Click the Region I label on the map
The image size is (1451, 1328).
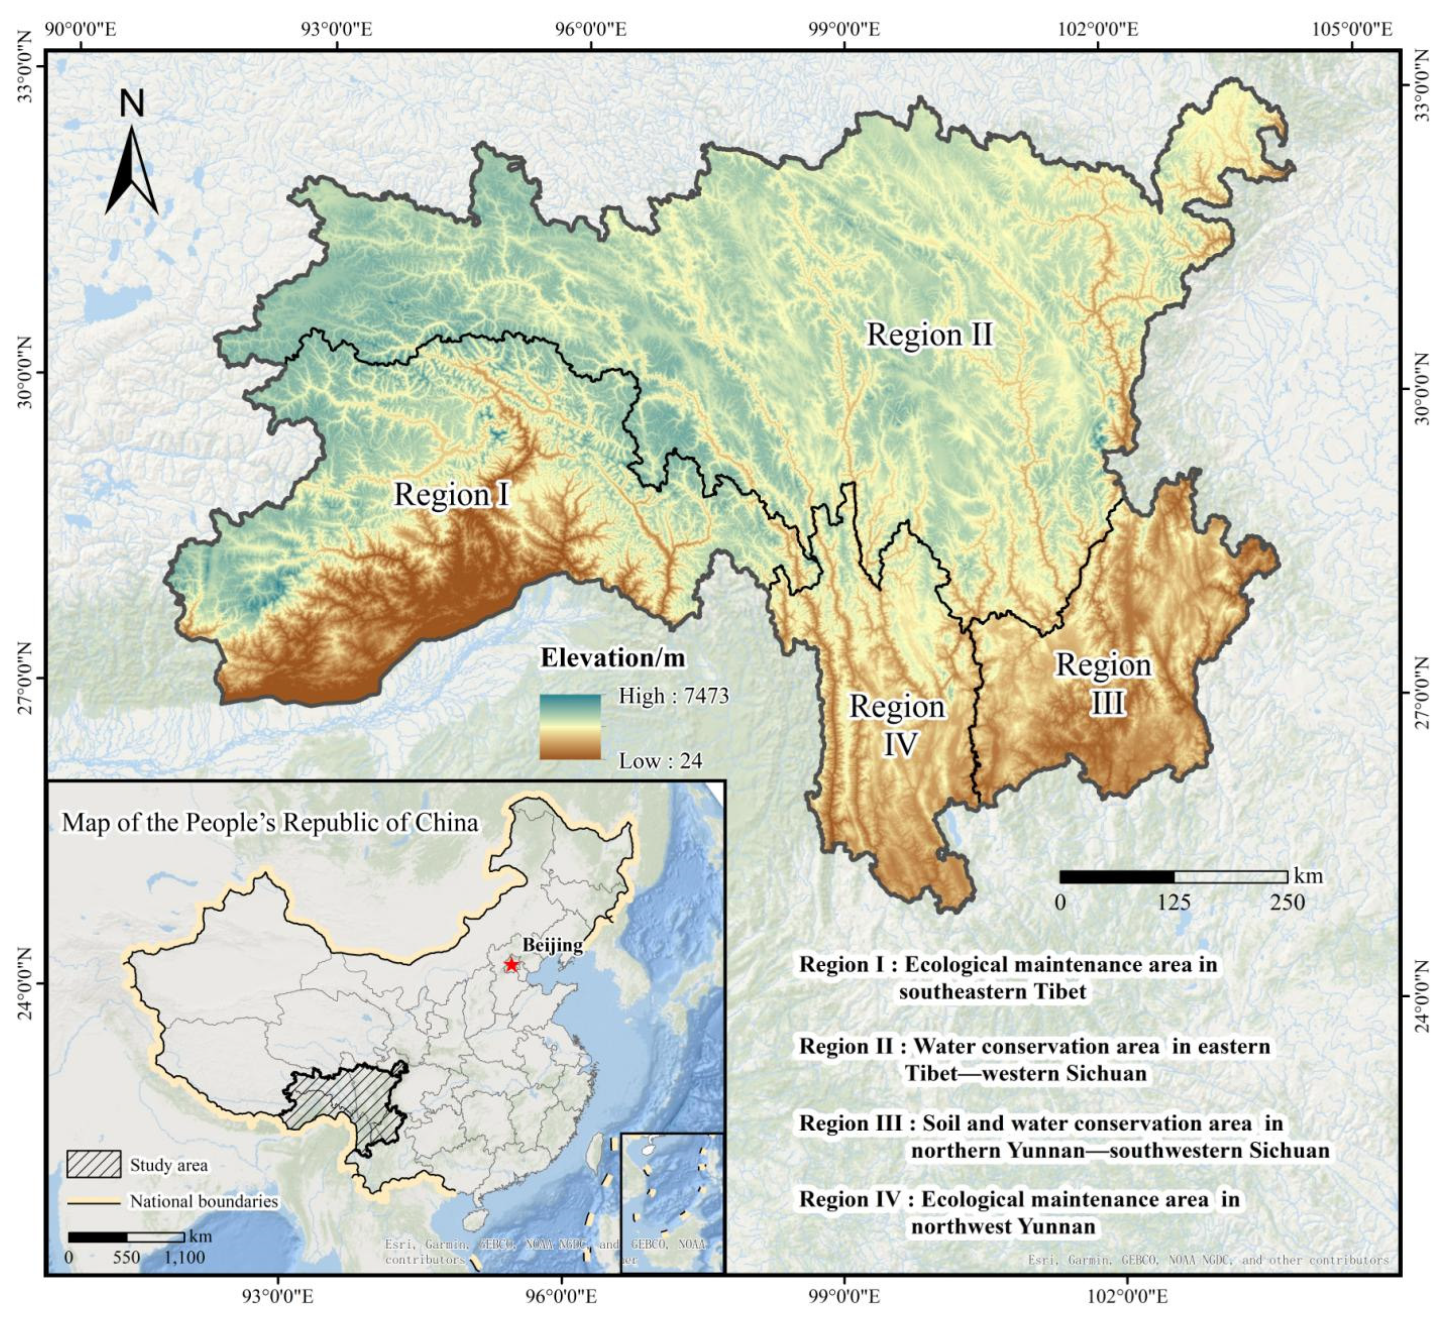pyautogui.click(x=452, y=495)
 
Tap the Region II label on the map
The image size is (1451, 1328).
pyautogui.click(x=929, y=335)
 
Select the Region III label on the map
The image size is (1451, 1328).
pyautogui.click(x=1104, y=683)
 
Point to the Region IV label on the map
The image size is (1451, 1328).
pyautogui.click(x=898, y=725)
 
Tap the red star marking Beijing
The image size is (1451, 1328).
pyautogui.click(x=511, y=964)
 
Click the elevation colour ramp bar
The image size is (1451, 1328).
pyautogui.click(x=570, y=727)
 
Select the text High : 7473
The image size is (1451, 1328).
pyautogui.click(x=674, y=696)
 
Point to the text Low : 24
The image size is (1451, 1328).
pyautogui.click(x=660, y=761)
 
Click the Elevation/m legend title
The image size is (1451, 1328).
pyautogui.click(x=612, y=658)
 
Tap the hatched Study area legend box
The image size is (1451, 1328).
pyautogui.click(x=94, y=1164)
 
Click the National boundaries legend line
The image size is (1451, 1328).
pyautogui.click(x=94, y=1201)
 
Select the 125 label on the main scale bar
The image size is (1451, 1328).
pyautogui.click(x=1173, y=902)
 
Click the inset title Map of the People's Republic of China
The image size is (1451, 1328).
pyautogui.click(x=270, y=823)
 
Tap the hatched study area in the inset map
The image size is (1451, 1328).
pyautogui.click(x=345, y=1101)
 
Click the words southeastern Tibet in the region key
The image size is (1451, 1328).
pyautogui.click(x=992, y=991)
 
